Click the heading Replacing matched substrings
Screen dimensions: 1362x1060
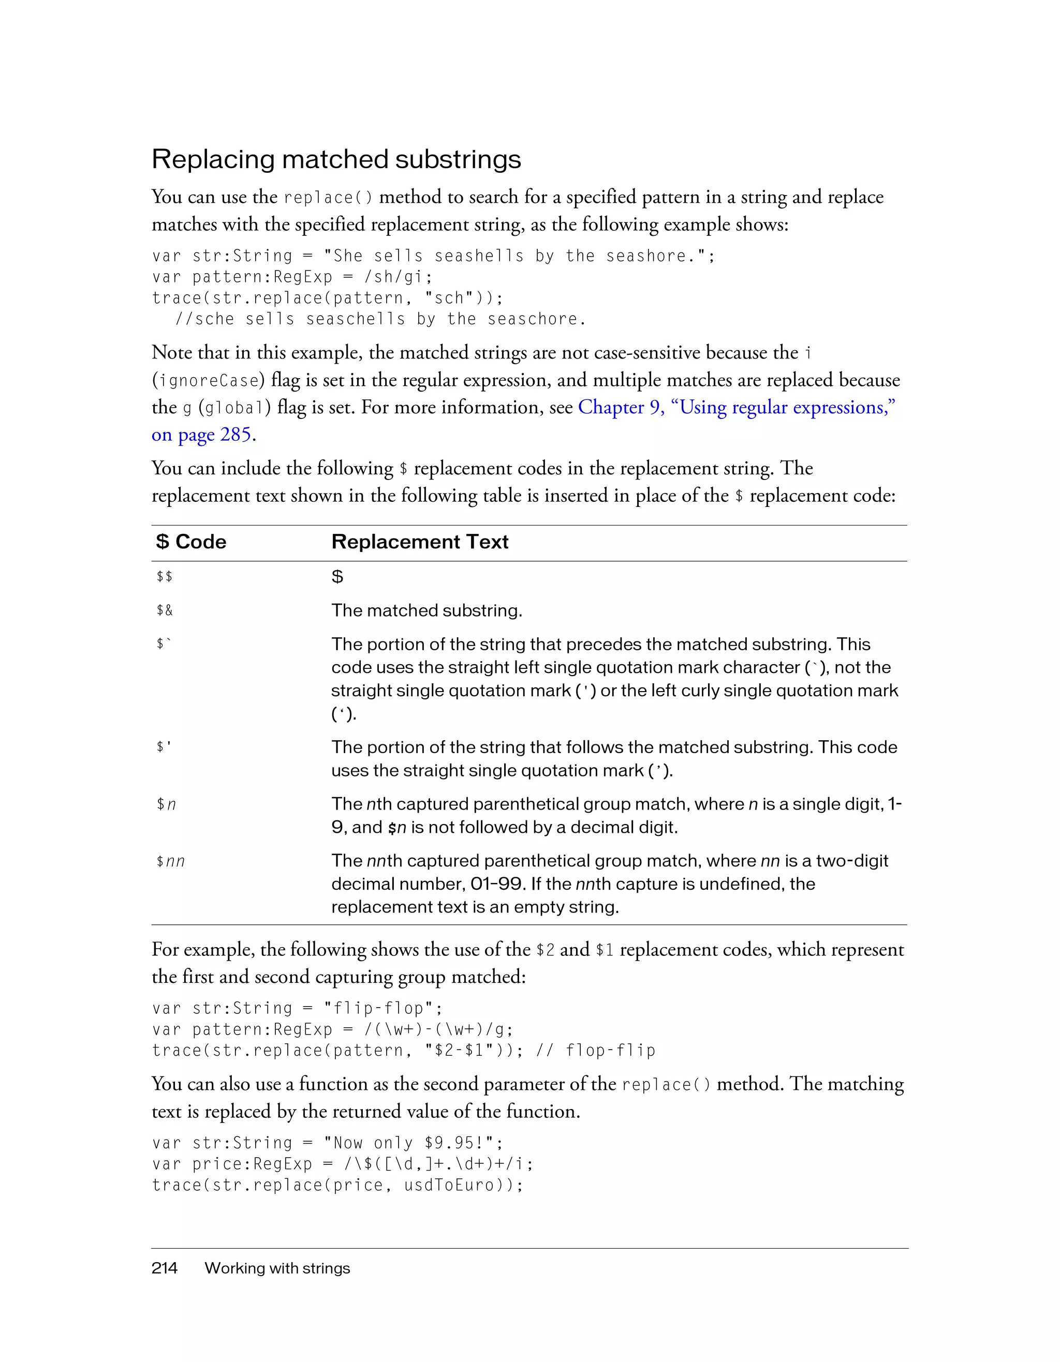(336, 160)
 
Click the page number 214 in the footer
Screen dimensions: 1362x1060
(164, 1268)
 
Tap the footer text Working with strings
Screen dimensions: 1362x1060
(277, 1268)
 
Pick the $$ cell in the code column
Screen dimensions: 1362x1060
(165, 577)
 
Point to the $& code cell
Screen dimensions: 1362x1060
(165, 610)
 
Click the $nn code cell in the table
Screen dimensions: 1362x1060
(170, 861)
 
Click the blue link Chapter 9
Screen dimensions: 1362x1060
(621, 407)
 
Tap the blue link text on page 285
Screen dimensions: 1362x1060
(201, 435)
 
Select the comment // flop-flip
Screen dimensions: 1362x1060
(595, 1051)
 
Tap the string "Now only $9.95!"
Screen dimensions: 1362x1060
(412, 1143)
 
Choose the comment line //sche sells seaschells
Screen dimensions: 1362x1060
(380, 319)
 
